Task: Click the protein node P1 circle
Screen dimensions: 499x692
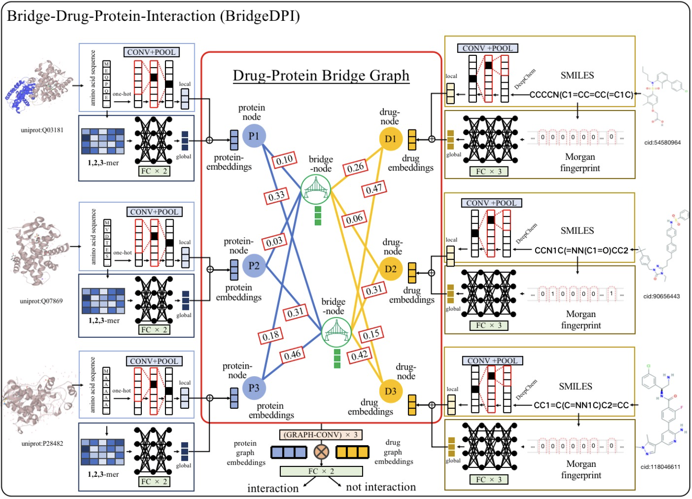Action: tap(254, 136)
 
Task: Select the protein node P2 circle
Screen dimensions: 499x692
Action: tap(254, 266)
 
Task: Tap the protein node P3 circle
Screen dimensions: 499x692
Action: tap(254, 388)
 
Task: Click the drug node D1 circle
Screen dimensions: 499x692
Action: tap(390, 139)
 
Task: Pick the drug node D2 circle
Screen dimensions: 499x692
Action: tap(390, 269)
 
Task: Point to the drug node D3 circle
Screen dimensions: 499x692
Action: tap(390, 391)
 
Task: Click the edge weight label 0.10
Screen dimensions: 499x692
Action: tap(285, 160)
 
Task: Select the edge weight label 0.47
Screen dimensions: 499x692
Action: tap(374, 189)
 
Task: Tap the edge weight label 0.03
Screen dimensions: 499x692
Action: tap(274, 242)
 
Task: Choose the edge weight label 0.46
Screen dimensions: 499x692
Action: tap(292, 355)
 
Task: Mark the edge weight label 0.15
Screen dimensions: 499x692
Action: tap(371, 335)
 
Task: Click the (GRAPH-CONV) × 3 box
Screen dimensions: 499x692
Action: tap(321, 435)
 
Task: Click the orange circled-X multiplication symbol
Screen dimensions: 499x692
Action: tap(321, 452)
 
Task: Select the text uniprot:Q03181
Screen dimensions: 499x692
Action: tap(42, 130)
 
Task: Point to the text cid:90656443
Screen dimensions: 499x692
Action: tap(661, 296)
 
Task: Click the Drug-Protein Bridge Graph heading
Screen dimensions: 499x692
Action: tap(321, 76)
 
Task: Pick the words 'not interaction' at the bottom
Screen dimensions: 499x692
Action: tap(381, 487)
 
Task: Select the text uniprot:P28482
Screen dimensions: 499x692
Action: tap(42, 443)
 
